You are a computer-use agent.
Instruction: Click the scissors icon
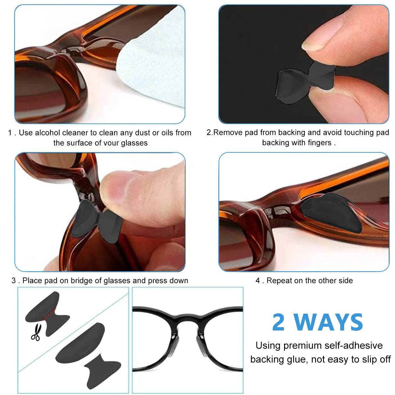point(36,332)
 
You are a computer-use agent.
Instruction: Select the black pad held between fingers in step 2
point(306,82)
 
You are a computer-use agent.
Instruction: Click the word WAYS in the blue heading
point(329,322)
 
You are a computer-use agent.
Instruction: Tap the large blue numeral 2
point(278,322)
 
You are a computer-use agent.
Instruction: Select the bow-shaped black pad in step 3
point(97,222)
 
